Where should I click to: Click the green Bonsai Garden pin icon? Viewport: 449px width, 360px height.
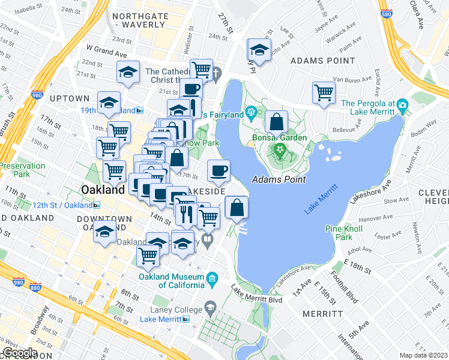click(x=279, y=148)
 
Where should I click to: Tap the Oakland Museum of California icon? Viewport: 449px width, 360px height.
click(x=211, y=279)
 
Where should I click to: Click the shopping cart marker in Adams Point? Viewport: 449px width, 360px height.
click(x=324, y=93)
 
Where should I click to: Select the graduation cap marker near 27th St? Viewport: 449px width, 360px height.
click(x=259, y=50)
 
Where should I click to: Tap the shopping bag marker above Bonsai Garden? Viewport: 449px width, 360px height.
click(x=276, y=122)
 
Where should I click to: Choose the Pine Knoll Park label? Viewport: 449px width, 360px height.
click(x=343, y=233)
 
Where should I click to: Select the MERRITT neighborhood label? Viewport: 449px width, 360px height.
click(x=322, y=314)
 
